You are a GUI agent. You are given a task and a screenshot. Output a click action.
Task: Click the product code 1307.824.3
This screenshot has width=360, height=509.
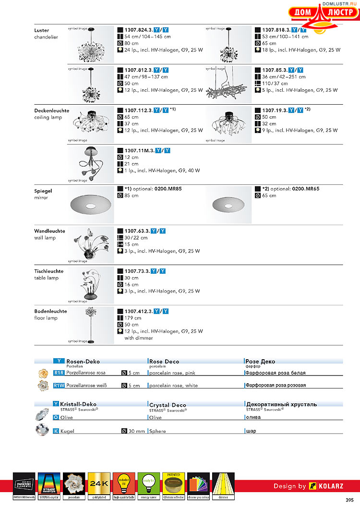pyautogui.click(x=138, y=30)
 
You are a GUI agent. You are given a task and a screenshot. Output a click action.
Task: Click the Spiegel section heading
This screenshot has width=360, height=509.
pyautogui.click(x=43, y=191)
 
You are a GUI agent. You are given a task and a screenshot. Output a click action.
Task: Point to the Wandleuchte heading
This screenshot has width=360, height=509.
pyautogui.click(x=49, y=231)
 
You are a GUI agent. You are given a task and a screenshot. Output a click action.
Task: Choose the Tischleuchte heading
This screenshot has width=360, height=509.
pyautogui.click(x=49, y=271)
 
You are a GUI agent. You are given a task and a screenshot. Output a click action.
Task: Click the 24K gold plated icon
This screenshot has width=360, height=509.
pyautogui.click(x=99, y=484)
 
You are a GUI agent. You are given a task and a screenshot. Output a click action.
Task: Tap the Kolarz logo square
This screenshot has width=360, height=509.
pyautogui.click(x=313, y=486)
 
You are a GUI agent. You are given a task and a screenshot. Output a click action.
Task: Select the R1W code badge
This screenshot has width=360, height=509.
pyautogui.click(x=59, y=385)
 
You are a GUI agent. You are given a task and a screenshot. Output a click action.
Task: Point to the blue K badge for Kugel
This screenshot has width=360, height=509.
pyautogui.click(x=56, y=431)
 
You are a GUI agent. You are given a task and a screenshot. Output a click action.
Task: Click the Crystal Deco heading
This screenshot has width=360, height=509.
pyautogui.click(x=168, y=405)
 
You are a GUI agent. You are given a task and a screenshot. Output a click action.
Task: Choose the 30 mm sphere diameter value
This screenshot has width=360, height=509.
pyautogui.click(x=136, y=431)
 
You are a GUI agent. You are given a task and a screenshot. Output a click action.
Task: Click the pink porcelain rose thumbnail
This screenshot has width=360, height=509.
pyautogui.click(x=42, y=373)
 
